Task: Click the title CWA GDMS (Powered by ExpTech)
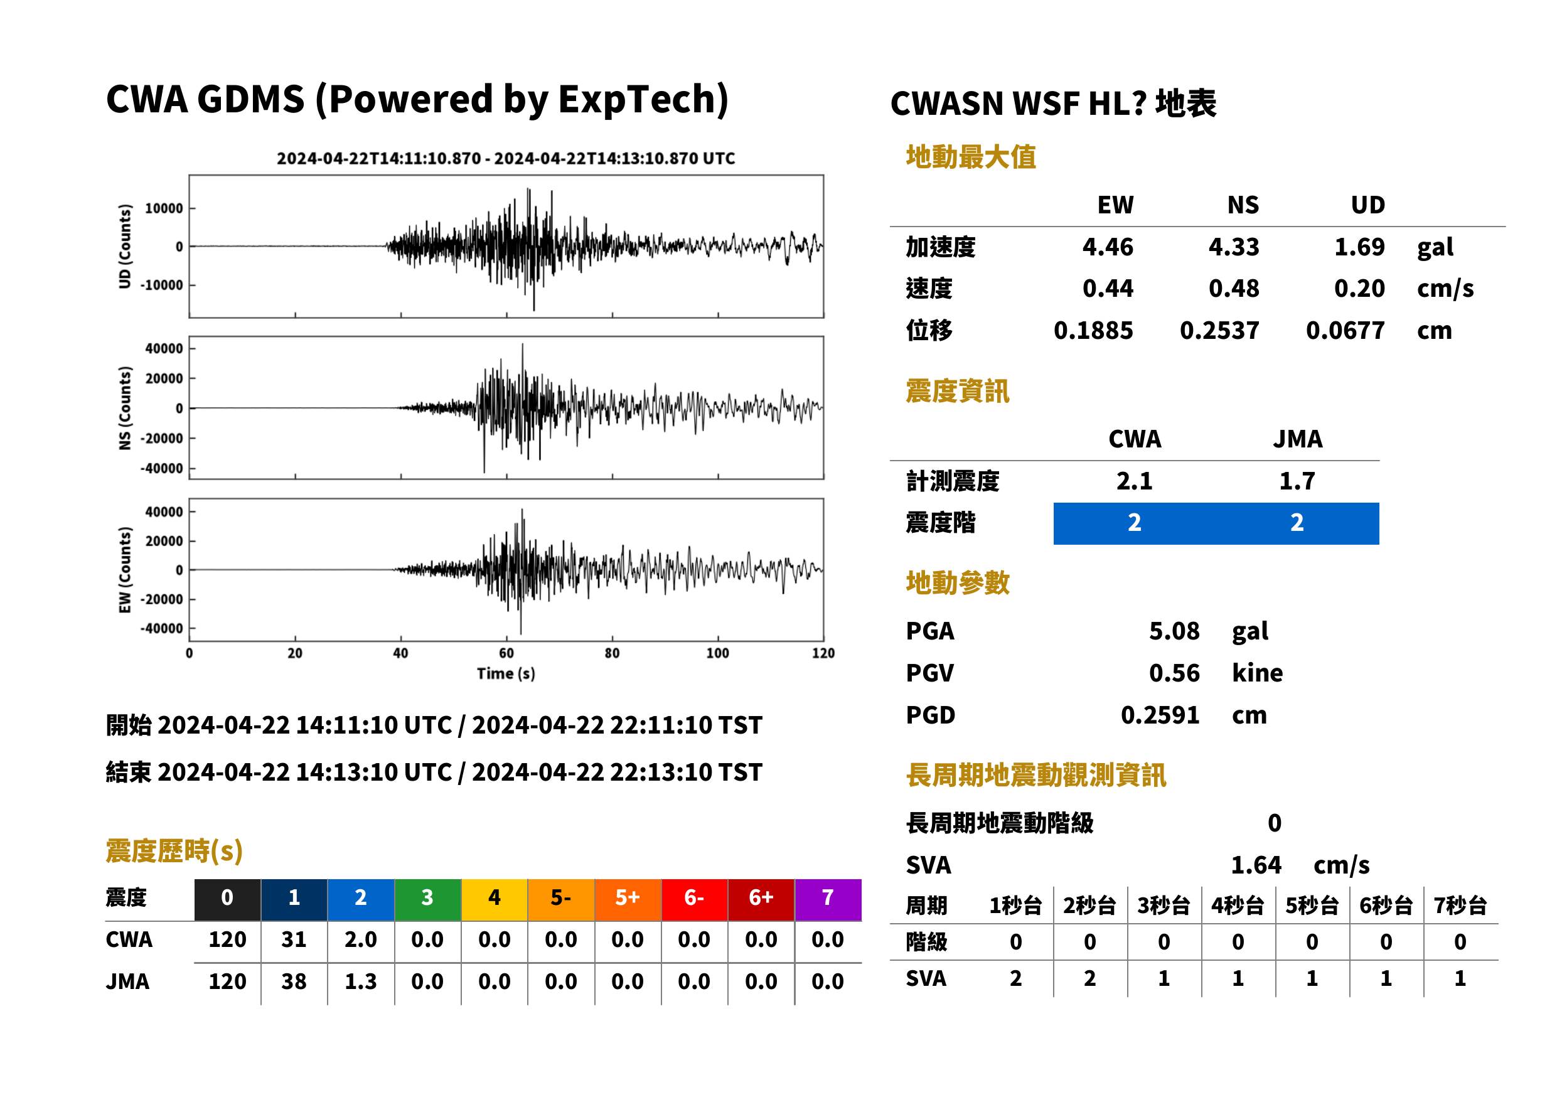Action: coord(417,99)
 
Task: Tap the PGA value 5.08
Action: coord(1174,631)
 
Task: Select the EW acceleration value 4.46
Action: coord(1107,247)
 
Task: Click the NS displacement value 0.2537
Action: coord(1219,331)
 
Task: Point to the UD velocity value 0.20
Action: coord(1359,288)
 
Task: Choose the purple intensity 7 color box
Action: coord(828,897)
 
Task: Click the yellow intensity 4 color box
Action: coord(495,897)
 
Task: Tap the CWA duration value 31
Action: coord(294,939)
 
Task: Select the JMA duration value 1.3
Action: coord(361,982)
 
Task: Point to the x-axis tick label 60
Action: coord(506,653)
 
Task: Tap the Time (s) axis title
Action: coord(506,674)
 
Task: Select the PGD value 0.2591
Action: coord(1160,715)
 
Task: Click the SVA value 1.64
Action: coord(1256,865)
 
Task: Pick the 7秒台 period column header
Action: coord(1460,906)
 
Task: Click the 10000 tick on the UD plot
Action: coord(164,209)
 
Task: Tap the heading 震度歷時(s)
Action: coord(174,851)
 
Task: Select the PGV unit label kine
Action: coord(1257,673)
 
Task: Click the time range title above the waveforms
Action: coord(506,159)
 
